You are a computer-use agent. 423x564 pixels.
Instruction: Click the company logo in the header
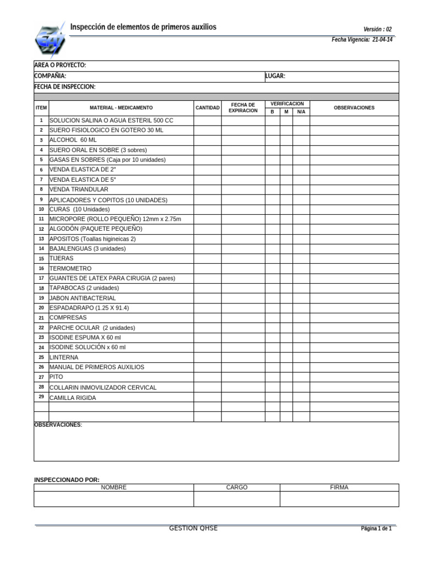[50, 40]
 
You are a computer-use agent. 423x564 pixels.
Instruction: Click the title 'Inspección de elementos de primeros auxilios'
[143, 27]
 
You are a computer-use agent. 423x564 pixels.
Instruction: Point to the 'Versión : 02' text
[377, 29]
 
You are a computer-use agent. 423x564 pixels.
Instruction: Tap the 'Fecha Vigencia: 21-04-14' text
[362, 40]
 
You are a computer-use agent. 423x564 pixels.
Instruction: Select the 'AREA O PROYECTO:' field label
[60, 66]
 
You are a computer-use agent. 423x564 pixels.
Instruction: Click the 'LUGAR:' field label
[275, 76]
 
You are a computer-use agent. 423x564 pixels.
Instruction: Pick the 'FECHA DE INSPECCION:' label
[64, 87]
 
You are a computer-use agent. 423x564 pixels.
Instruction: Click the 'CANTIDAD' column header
[207, 108]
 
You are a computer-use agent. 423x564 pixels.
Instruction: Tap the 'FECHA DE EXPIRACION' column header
[243, 107]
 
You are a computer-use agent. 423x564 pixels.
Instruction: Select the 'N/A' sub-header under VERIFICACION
[301, 112]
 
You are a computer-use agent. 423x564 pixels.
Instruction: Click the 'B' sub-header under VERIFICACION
[272, 112]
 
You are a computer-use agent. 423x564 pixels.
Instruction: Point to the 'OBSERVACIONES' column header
[354, 108]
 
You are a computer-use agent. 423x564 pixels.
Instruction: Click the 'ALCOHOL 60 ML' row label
[73, 140]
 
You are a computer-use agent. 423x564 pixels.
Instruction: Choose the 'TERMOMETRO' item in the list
[70, 268]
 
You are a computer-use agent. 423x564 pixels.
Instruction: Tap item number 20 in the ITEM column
[41, 308]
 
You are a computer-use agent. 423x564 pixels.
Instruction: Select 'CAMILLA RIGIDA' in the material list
[73, 398]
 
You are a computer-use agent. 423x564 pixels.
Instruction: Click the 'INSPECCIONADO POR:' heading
[67, 480]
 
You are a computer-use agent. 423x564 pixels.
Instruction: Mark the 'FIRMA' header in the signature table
[339, 487]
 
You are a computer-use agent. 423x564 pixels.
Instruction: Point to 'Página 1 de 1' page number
[376, 529]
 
